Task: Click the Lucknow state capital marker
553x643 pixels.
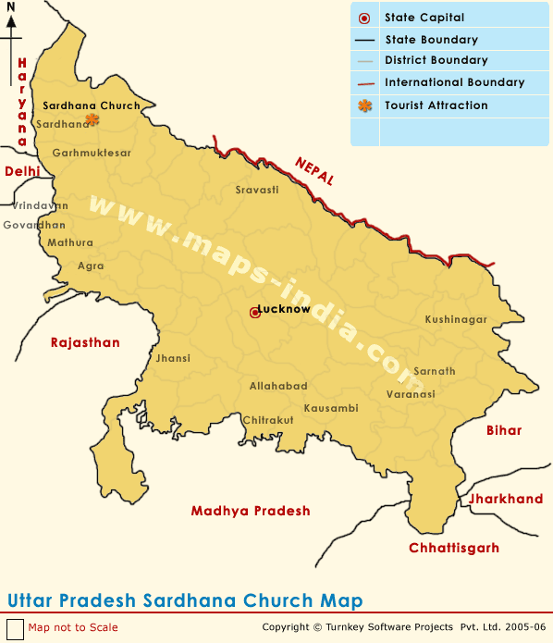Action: tap(254, 313)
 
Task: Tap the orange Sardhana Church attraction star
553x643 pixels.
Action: tap(92, 118)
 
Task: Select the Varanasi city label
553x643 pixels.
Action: tap(411, 394)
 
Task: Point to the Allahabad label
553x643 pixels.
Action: tap(278, 386)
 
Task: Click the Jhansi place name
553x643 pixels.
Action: tap(174, 358)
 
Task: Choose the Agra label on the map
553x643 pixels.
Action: tap(91, 266)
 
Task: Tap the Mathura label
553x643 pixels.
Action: tap(71, 242)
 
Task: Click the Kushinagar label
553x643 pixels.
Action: tap(456, 319)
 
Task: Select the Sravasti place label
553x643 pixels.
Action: tap(257, 189)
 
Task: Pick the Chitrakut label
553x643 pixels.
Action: tap(268, 420)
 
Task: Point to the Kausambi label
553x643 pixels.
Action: tap(331, 407)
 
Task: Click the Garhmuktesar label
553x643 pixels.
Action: tap(92, 153)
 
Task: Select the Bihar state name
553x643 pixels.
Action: tap(504, 430)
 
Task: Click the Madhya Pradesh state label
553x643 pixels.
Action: tap(251, 511)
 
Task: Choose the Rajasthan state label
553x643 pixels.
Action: tap(85, 342)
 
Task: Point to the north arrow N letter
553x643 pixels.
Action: tap(11, 7)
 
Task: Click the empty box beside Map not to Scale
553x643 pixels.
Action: tap(15, 627)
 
